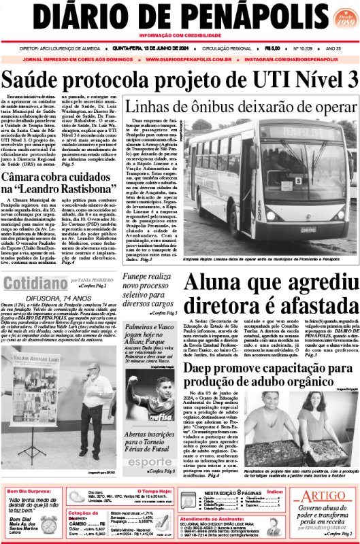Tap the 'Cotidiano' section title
click(33, 279)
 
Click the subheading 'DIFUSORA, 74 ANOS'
click(60, 296)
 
